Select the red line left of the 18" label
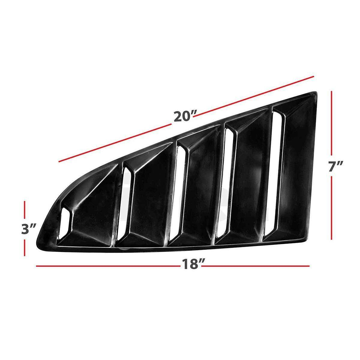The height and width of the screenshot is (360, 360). click(108, 266)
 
